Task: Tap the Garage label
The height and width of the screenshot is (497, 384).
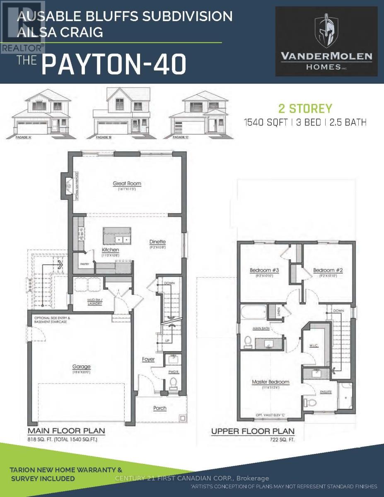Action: pos(81,367)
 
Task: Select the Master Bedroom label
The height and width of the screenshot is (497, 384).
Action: pos(270,382)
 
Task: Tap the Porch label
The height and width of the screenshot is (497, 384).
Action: pos(160,408)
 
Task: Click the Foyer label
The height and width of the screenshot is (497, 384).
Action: pos(148,359)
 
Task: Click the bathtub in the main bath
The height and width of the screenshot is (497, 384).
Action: pos(254,312)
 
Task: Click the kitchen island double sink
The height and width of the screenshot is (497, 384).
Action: pos(121,239)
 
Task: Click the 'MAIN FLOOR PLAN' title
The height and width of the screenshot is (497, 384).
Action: pos(66,431)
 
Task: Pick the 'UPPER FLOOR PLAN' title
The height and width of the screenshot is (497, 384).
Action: pos(253,431)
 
